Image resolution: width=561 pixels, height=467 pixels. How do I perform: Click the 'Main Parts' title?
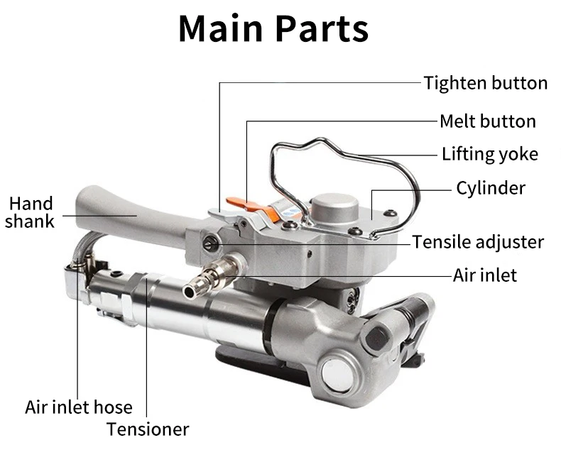tap(273, 28)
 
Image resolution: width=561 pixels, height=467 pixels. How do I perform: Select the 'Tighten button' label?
tap(486, 83)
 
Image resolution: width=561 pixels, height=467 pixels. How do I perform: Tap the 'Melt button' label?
tap(487, 121)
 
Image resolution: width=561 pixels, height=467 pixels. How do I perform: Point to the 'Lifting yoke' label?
tap(489, 154)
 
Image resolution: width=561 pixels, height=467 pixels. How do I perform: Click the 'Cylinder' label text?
tap(491, 188)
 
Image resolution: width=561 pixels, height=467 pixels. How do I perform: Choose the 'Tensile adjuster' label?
tap(478, 242)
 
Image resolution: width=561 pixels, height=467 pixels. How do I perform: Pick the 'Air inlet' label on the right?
tap(485, 275)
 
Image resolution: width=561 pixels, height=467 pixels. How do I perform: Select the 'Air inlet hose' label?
tap(78, 407)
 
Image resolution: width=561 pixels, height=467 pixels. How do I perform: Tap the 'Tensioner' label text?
tap(148, 429)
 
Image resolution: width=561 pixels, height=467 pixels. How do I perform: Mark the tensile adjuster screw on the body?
tap(209, 243)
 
